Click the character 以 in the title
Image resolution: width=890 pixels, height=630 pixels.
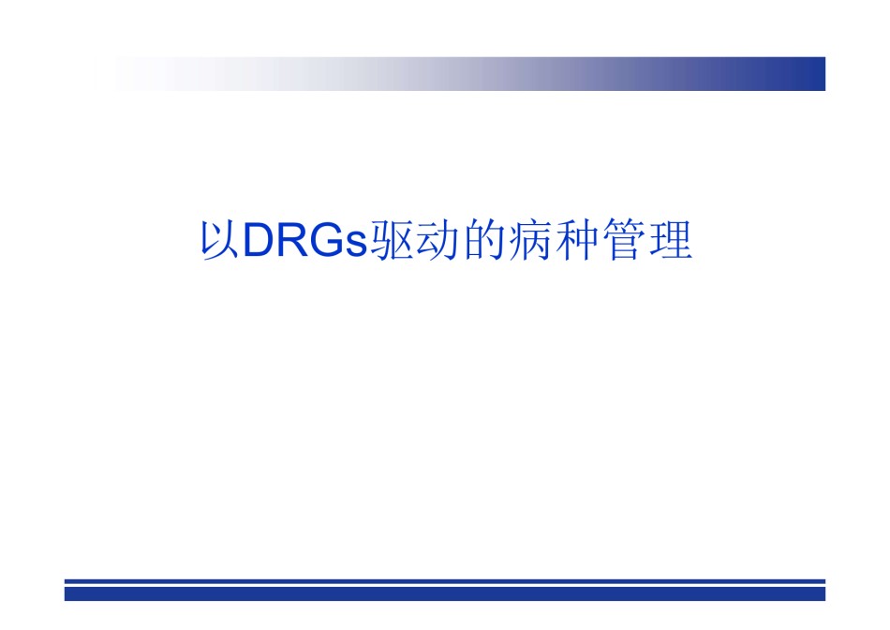click(219, 240)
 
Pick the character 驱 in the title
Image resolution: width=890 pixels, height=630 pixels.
click(391, 240)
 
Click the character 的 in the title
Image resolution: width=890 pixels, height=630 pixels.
click(484, 240)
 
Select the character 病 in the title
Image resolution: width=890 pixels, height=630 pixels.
click(530, 240)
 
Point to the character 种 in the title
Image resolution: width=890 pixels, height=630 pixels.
click(577, 240)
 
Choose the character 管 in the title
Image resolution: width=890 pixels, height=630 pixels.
click(624, 240)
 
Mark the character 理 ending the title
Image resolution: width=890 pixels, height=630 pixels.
click(671, 240)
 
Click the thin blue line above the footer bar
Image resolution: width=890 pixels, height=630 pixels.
click(444, 581)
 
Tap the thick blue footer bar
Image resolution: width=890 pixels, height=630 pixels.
click(444, 593)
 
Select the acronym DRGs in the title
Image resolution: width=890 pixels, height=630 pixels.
click(306, 240)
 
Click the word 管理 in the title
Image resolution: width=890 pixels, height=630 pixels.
click(647, 240)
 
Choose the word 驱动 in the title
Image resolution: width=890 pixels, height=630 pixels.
click(415, 240)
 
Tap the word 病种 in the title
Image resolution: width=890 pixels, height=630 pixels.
click(554, 240)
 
